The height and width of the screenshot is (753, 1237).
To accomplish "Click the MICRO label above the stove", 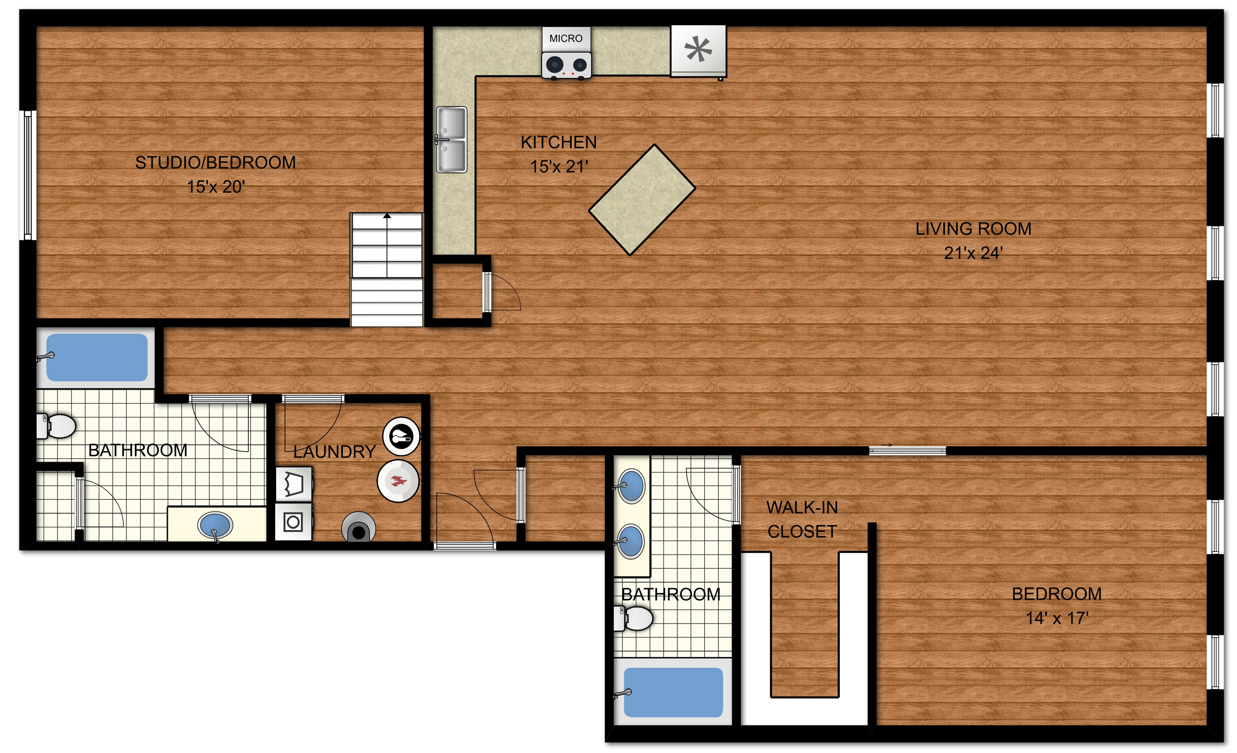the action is point(566,38).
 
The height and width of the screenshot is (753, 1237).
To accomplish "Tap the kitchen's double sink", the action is point(452,140).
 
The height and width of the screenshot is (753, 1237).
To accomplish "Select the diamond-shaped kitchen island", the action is point(642,200).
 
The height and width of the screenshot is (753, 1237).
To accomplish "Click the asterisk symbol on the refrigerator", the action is point(698,49).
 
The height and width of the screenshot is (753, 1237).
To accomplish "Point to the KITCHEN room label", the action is point(559,143).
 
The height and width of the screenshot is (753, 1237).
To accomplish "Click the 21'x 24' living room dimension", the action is point(973,253).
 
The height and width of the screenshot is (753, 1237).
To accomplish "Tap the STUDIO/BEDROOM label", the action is point(216,163).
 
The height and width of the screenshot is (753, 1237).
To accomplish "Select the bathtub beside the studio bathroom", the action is point(96,357).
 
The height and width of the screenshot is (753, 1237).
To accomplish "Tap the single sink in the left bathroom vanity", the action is point(216,525).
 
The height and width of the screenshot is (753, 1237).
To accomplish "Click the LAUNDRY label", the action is point(334,452).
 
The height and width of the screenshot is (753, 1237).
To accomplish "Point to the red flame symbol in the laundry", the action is point(398,481).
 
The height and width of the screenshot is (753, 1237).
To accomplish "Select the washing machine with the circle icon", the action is point(294,522).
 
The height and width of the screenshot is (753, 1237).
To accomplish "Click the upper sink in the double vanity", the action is point(630,486).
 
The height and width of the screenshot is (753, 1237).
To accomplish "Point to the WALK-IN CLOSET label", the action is point(802,520).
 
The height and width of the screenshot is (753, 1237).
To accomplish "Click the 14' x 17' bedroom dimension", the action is point(1057,618).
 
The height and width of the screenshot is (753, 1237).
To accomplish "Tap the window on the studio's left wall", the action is point(27,175).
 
